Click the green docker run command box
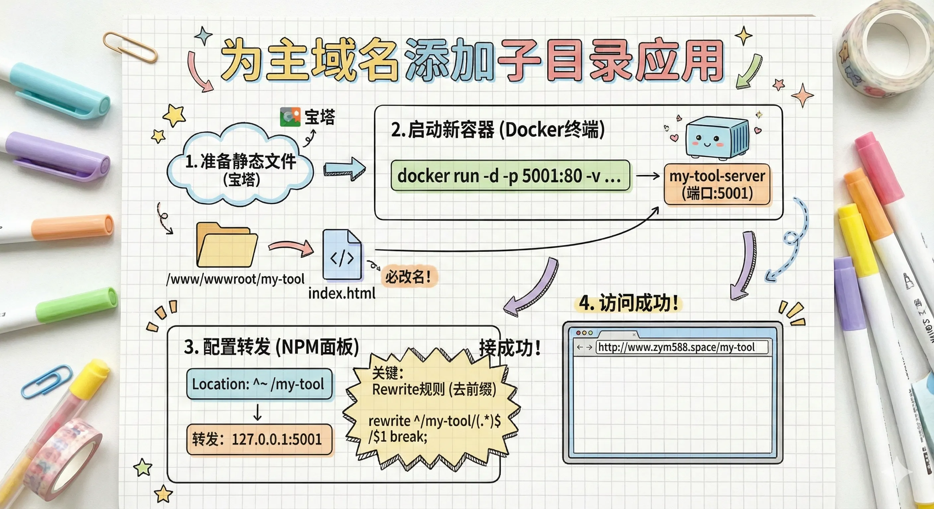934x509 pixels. (x=510, y=176)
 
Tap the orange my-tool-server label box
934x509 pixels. (x=717, y=184)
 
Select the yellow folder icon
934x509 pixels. (x=226, y=246)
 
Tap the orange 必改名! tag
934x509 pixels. (x=409, y=277)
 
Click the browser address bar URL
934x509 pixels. (x=677, y=347)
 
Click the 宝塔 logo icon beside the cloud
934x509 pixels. (x=290, y=117)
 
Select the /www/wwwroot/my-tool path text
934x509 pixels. (x=235, y=279)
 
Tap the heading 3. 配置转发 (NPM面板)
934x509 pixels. (x=271, y=347)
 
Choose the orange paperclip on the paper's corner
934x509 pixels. (x=130, y=47)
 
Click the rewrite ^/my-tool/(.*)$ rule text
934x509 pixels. (x=434, y=421)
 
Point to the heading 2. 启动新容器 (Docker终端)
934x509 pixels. (x=498, y=130)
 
